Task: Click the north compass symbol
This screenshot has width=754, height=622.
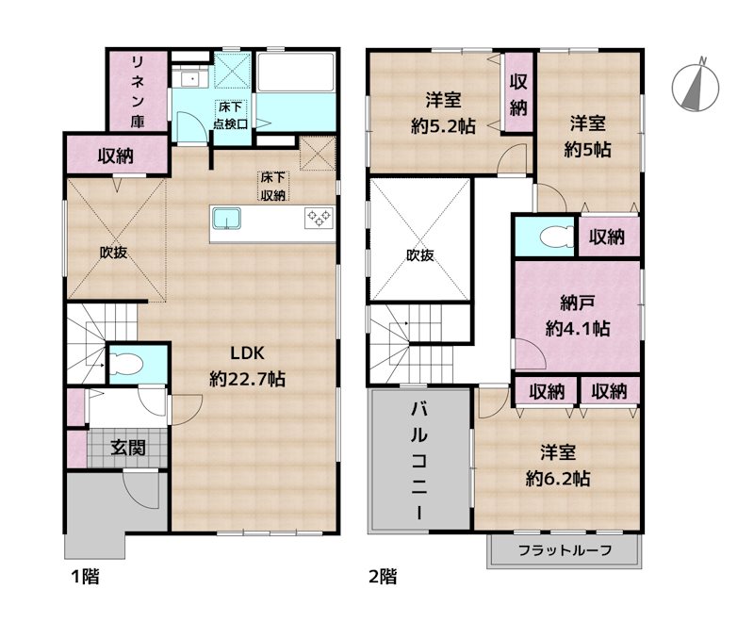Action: (x=696, y=85)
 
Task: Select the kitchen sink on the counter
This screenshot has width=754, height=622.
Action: (x=227, y=220)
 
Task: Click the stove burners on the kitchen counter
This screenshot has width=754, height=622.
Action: (x=318, y=219)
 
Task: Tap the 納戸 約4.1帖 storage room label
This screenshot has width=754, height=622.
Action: (x=578, y=317)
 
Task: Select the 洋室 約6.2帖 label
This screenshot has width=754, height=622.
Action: (x=558, y=466)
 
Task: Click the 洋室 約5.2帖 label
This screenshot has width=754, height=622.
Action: (x=442, y=113)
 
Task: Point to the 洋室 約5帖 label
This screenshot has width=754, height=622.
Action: (x=586, y=136)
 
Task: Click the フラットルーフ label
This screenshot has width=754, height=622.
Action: (x=565, y=550)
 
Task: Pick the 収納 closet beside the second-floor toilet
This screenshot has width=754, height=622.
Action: (x=608, y=237)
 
